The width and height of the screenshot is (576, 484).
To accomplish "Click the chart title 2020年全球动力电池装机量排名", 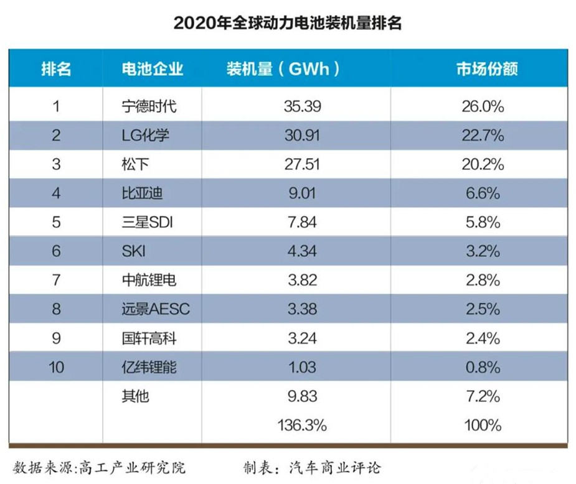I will click(x=288, y=23).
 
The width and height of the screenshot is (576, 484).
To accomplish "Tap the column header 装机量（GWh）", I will click(x=283, y=68).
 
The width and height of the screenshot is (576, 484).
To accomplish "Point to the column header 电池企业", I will click(x=153, y=68).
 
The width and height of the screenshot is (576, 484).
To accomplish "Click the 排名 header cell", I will click(x=56, y=68).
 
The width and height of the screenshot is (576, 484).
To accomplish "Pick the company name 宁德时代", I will click(x=149, y=106).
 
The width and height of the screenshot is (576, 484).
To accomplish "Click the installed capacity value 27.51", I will click(x=301, y=164).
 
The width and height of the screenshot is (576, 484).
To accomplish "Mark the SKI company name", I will click(x=133, y=251).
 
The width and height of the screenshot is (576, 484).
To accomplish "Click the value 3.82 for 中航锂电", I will click(x=301, y=280).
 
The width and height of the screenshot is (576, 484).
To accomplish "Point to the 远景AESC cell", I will click(x=156, y=309).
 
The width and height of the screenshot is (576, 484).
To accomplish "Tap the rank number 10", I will click(x=56, y=367).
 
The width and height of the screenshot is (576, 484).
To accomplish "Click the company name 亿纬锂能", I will click(x=149, y=367).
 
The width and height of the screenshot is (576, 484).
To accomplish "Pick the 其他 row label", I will click(x=135, y=396).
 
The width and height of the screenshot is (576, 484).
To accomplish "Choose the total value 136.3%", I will click(x=301, y=426).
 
